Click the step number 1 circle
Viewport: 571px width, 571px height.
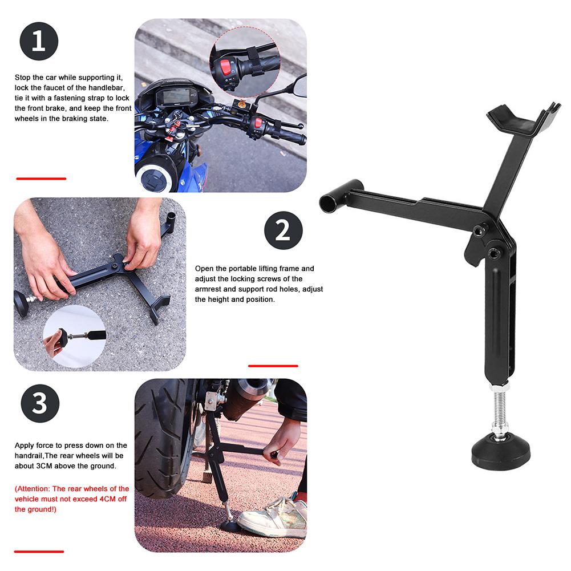[39, 41]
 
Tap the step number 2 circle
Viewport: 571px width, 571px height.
[284, 230]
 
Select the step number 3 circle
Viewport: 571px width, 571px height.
[40, 403]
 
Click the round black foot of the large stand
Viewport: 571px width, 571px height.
[501, 453]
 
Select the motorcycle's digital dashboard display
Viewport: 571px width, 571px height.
[176, 97]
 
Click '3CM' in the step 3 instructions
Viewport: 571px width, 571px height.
[44, 466]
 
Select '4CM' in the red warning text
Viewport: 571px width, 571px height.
[107, 499]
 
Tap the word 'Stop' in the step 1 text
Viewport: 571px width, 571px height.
[23, 78]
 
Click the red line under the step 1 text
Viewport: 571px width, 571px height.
[41, 179]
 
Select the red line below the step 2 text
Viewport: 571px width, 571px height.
[273, 366]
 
